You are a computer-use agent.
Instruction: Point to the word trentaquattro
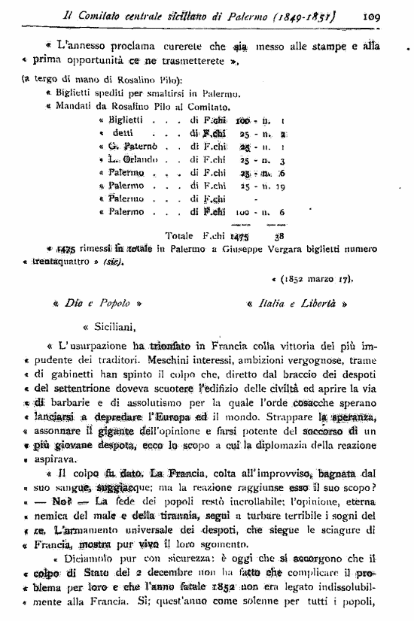pos(82,262)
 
